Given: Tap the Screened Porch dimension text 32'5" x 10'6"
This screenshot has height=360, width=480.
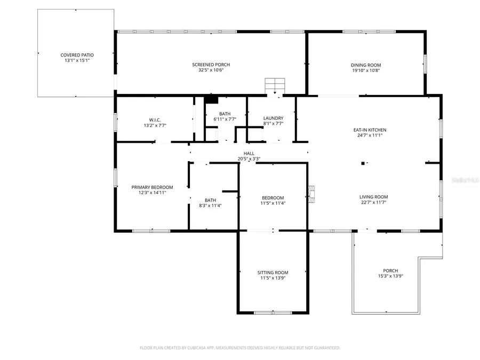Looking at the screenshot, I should [x=211, y=70].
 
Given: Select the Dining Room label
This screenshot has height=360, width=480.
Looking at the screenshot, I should [x=366, y=65].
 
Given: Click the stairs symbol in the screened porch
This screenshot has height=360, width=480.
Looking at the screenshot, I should [x=275, y=85].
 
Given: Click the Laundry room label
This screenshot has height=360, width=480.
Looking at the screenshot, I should [x=273, y=118].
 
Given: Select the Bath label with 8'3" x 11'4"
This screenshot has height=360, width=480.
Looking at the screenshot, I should [x=210, y=201].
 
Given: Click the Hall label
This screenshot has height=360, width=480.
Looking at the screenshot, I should [x=249, y=153].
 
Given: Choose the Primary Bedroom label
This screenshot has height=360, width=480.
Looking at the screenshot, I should [x=153, y=187].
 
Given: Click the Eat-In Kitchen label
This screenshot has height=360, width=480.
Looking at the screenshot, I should [x=369, y=130].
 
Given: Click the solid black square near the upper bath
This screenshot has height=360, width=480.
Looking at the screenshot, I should [x=212, y=99].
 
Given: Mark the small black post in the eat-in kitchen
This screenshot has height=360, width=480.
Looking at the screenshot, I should [x=363, y=163].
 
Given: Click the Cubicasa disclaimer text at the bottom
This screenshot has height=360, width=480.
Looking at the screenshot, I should [x=240, y=348].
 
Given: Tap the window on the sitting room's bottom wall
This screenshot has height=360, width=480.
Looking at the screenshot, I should [x=273, y=312].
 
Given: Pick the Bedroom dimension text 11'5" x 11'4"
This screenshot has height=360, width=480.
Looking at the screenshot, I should [x=273, y=203].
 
